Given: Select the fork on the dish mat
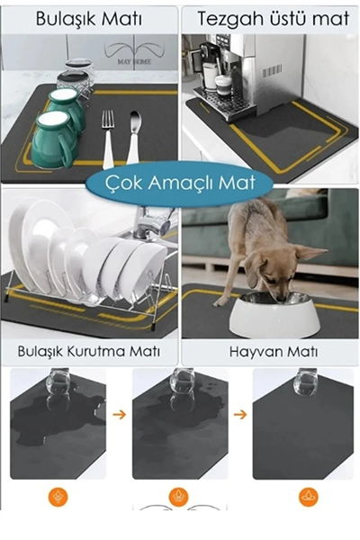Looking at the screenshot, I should pos(108,135).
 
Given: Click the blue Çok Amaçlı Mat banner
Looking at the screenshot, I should pos(180,184).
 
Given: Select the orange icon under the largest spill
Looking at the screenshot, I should pos(58,496).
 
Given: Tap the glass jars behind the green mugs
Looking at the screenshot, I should pos(76,76).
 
